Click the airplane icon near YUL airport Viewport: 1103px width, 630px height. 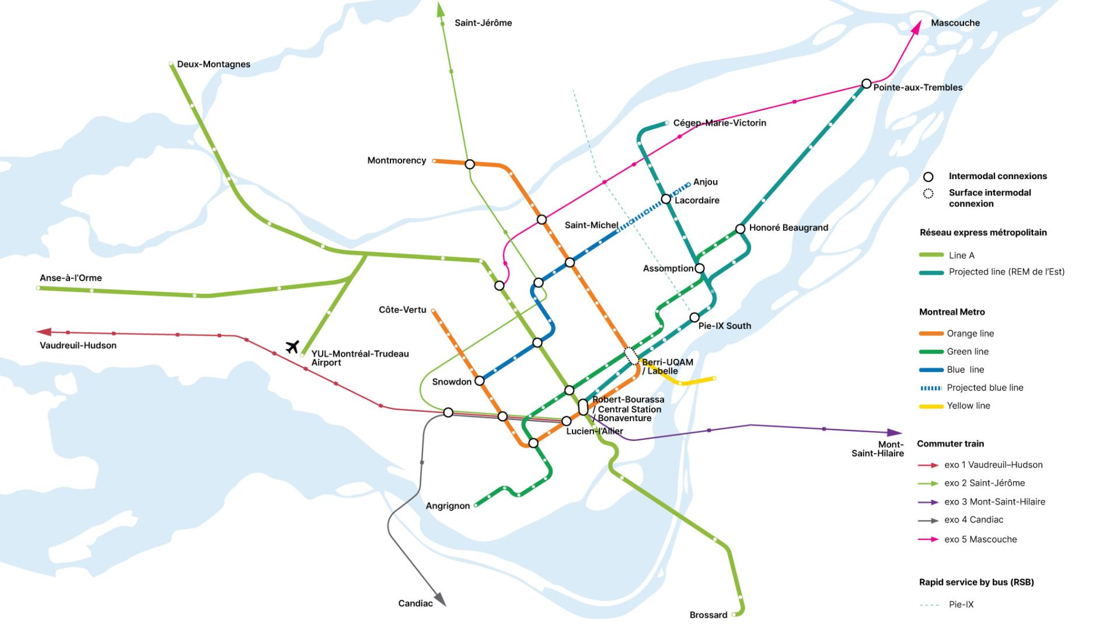click(x=292, y=346)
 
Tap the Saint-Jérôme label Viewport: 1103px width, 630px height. click(x=483, y=23)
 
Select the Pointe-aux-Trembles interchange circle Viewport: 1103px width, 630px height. click(x=867, y=84)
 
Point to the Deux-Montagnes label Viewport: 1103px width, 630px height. click(x=214, y=64)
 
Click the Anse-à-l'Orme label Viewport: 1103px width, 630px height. click(x=71, y=278)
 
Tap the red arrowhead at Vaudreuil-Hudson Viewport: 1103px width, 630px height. click(x=44, y=332)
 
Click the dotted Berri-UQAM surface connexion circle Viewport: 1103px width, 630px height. click(x=631, y=355)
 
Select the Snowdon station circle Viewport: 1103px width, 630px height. click(x=480, y=381)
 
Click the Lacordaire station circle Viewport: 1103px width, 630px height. click(x=666, y=199)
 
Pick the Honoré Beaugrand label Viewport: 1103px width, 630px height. click(x=788, y=228)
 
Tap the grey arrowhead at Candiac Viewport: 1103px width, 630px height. click(x=441, y=600)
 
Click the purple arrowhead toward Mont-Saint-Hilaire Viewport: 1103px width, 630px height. click(x=895, y=432)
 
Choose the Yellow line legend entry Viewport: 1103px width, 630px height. click(x=968, y=406)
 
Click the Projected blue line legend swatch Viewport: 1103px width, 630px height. click(x=931, y=388)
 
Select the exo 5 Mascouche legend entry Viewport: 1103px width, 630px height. click(x=980, y=540)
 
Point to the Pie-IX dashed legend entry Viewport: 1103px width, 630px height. click(x=961, y=605)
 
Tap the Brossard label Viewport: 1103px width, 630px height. click(x=708, y=615)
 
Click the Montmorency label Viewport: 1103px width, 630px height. click(x=396, y=160)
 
